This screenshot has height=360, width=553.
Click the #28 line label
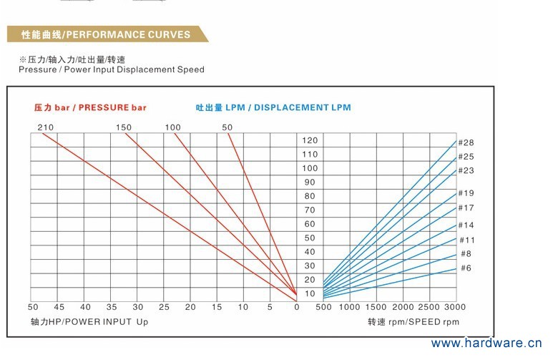[x=466, y=142]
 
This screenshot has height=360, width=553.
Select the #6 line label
[x=466, y=268]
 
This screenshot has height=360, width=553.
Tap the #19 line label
[x=466, y=193]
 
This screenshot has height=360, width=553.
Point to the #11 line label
[x=466, y=240]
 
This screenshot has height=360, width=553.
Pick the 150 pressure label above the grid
[x=124, y=127]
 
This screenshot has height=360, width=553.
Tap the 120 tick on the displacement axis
[x=309, y=140]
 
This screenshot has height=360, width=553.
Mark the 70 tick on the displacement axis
[x=309, y=210]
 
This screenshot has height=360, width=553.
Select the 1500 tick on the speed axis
[x=376, y=307]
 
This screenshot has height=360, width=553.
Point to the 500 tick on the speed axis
[x=323, y=307]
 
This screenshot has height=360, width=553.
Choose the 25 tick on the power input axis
[x=164, y=307]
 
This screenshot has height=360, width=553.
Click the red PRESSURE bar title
[x=90, y=107]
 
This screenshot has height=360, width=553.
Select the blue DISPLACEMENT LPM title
[x=273, y=107]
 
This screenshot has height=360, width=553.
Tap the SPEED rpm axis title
[x=413, y=322]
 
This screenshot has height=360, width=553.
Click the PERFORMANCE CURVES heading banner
[x=106, y=34]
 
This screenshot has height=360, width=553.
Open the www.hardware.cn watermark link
[x=487, y=344]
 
